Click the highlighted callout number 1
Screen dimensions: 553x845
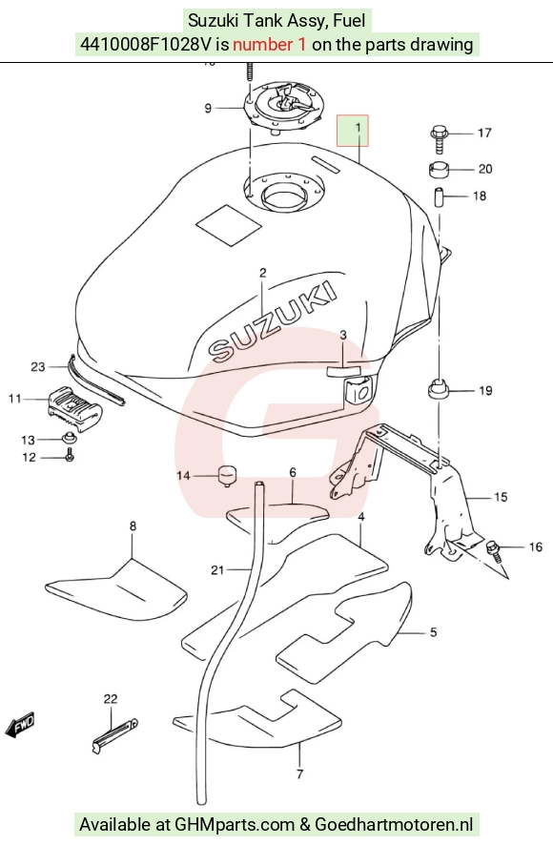tap(358, 128)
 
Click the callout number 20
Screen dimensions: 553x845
tap(485, 169)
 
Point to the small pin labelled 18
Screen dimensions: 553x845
tap(439, 196)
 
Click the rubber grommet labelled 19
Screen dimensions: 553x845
tap(439, 390)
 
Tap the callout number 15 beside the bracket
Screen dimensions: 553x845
tap(501, 497)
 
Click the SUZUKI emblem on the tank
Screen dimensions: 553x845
tap(274, 321)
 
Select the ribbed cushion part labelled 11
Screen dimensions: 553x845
tap(73, 409)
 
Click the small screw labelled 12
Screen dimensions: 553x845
tap(70, 457)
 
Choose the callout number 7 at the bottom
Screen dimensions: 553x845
tap(299, 774)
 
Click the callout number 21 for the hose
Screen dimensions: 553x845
tap(217, 569)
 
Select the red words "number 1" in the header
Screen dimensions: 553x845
tap(270, 44)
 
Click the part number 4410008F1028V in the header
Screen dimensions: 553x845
tap(146, 44)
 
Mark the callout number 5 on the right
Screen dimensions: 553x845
tap(434, 632)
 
